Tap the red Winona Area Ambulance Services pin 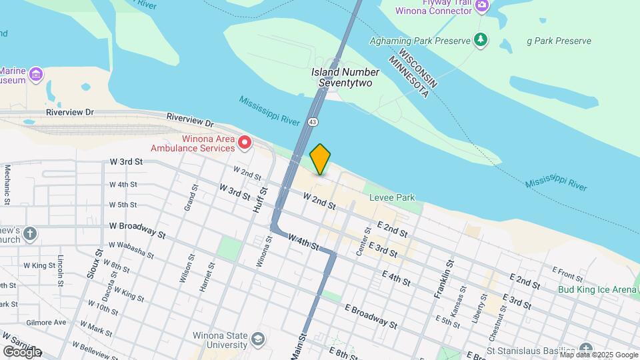tap(245, 142)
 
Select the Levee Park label tap(393, 197)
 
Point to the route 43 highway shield tap(312, 121)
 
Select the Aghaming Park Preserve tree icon tap(480, 41)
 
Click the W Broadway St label tap(137, 229)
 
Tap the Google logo tap(22, 351)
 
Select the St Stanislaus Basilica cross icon tap(585, 349)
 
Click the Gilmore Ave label tap(47, 322)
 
